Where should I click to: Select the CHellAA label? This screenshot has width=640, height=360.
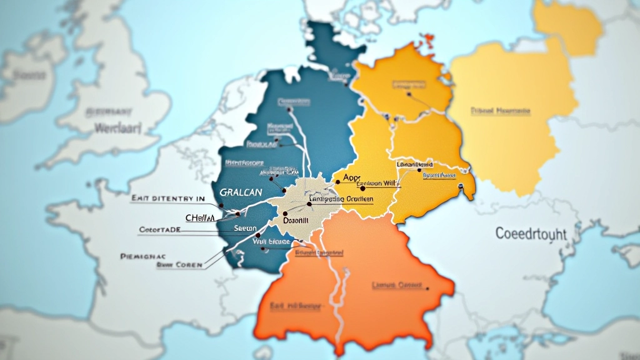click(200, 217)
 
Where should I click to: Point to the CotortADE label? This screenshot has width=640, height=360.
click(159, 230)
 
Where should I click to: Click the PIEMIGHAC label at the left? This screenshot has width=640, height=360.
click(142, 256)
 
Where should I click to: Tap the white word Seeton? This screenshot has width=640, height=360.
click(245, 229)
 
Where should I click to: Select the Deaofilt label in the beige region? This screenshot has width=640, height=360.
click(296, 221)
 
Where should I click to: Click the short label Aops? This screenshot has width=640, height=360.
click(352, 178)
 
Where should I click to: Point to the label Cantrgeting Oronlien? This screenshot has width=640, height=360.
click(341, 199)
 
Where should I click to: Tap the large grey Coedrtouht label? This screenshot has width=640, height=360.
click(531, 234)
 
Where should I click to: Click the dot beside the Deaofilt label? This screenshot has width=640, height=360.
click(285, 213)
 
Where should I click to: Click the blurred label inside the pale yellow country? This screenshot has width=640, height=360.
click(500, 111)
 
